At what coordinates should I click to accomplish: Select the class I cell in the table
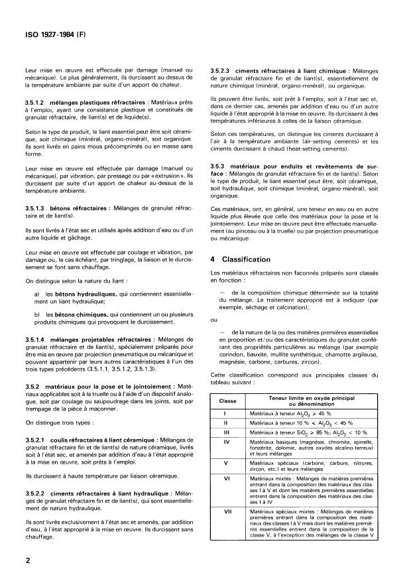(227, 413)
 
